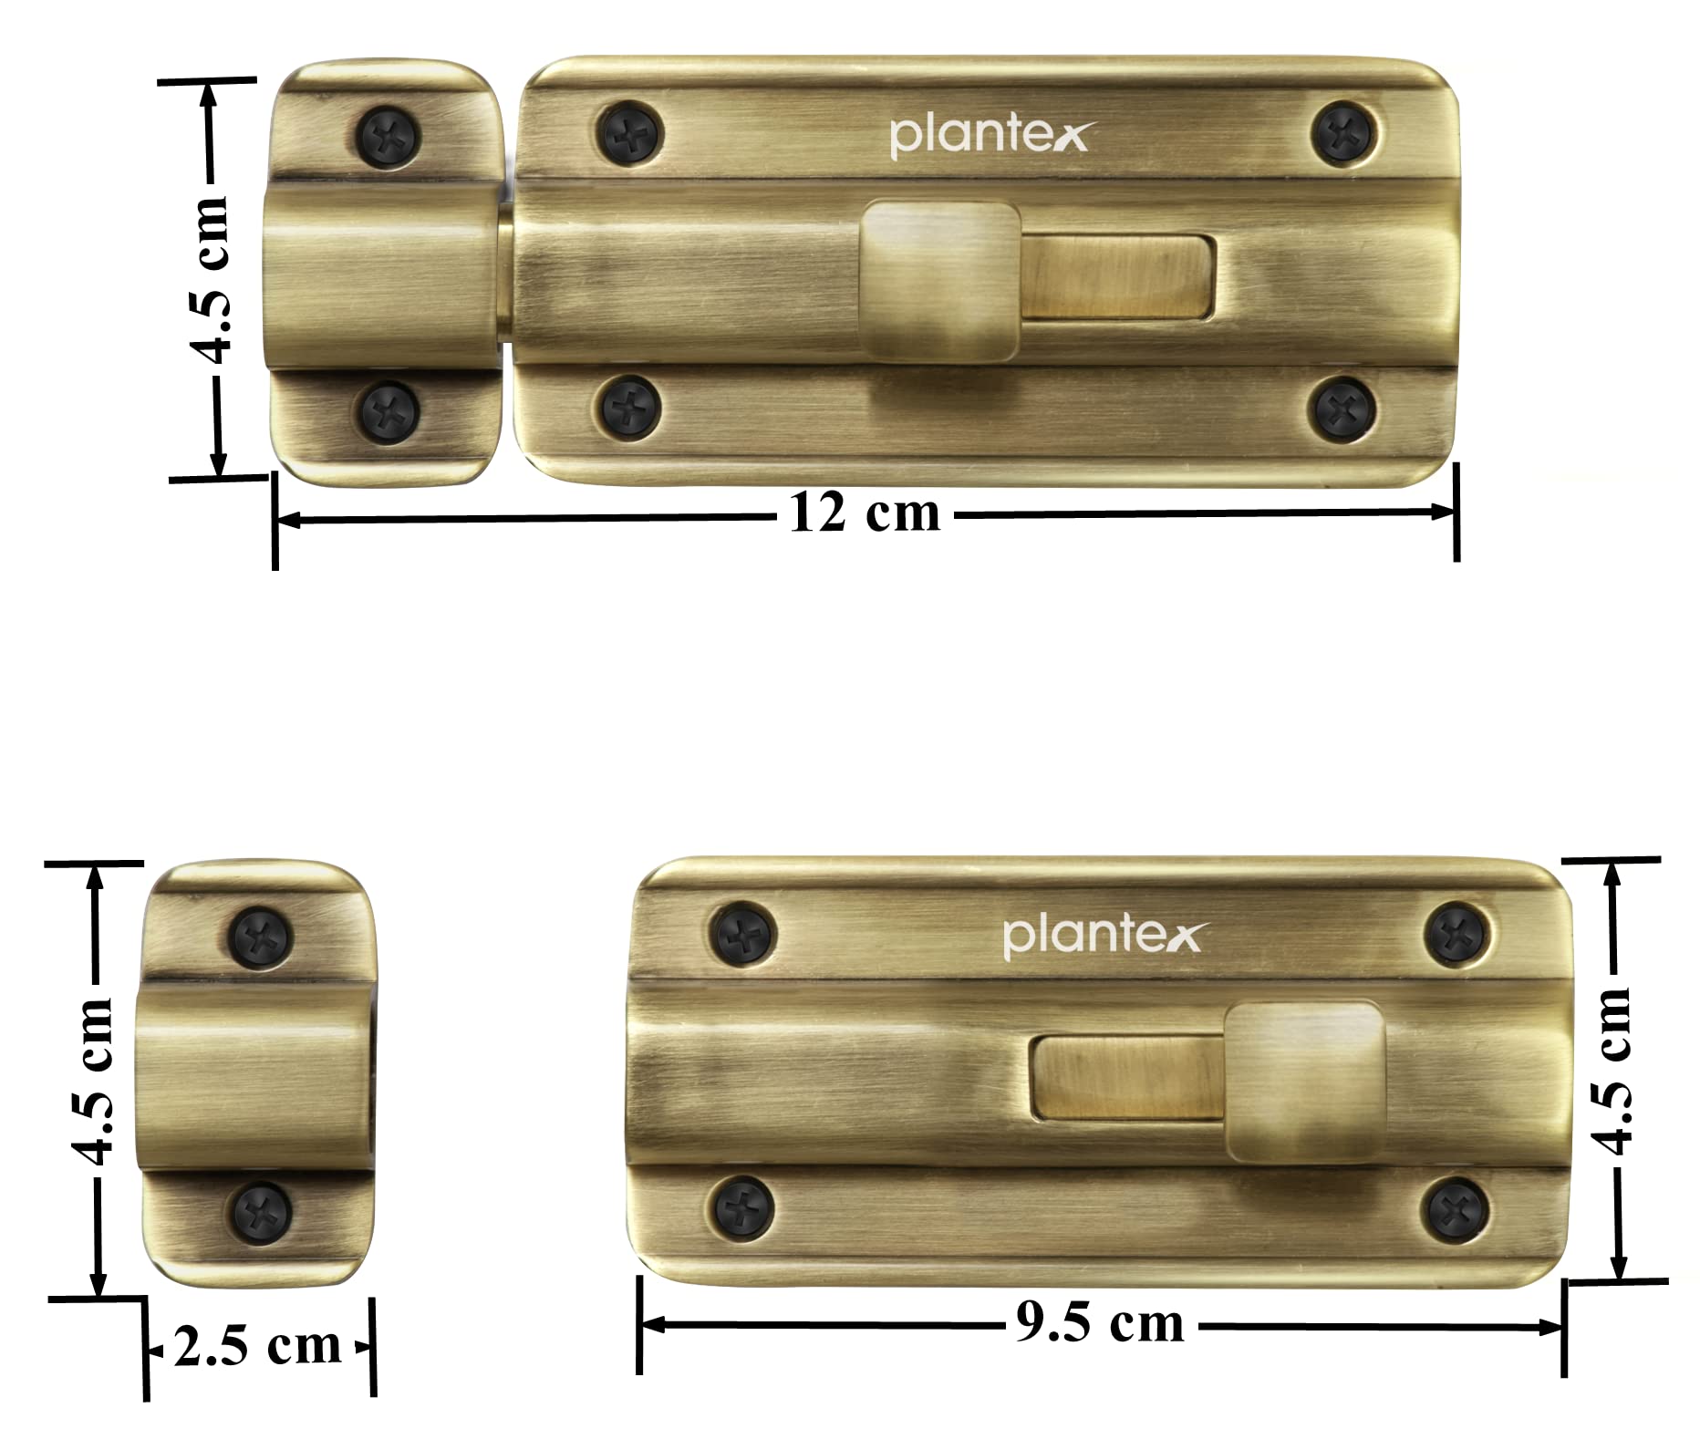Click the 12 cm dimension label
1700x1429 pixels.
pos(865,513)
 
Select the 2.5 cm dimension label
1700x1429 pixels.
pos(257,1346)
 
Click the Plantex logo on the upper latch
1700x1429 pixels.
pos(989,136)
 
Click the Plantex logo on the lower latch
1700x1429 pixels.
pos(1103,937)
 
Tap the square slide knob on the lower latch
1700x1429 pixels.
pos(1305,1082)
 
